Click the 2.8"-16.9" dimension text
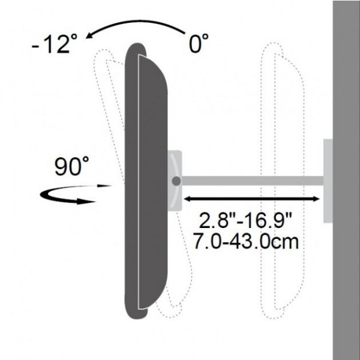click(247, 220)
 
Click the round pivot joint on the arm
click(176, 180)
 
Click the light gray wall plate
click(328, 180)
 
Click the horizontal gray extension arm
click(252, 180)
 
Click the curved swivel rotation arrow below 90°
click(66, 194)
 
